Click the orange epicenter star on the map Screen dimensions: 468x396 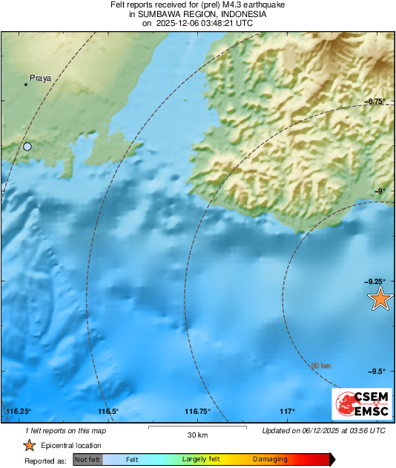pos(380,299)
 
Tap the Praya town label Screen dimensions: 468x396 pos(39,77)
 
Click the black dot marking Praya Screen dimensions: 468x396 pos(25,85)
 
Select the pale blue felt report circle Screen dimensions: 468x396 pos(27,147)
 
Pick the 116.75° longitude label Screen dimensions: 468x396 pos(198,412)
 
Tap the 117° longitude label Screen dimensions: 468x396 pos(288,412)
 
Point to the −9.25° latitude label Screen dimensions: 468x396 pos(374,281)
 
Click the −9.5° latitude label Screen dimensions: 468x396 pos(376,371)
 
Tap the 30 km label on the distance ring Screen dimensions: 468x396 pos(320,366)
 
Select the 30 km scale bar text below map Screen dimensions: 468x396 pos(197,435)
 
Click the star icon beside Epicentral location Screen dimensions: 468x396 pos(29,446)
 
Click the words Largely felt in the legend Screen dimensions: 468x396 pos(199,460)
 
